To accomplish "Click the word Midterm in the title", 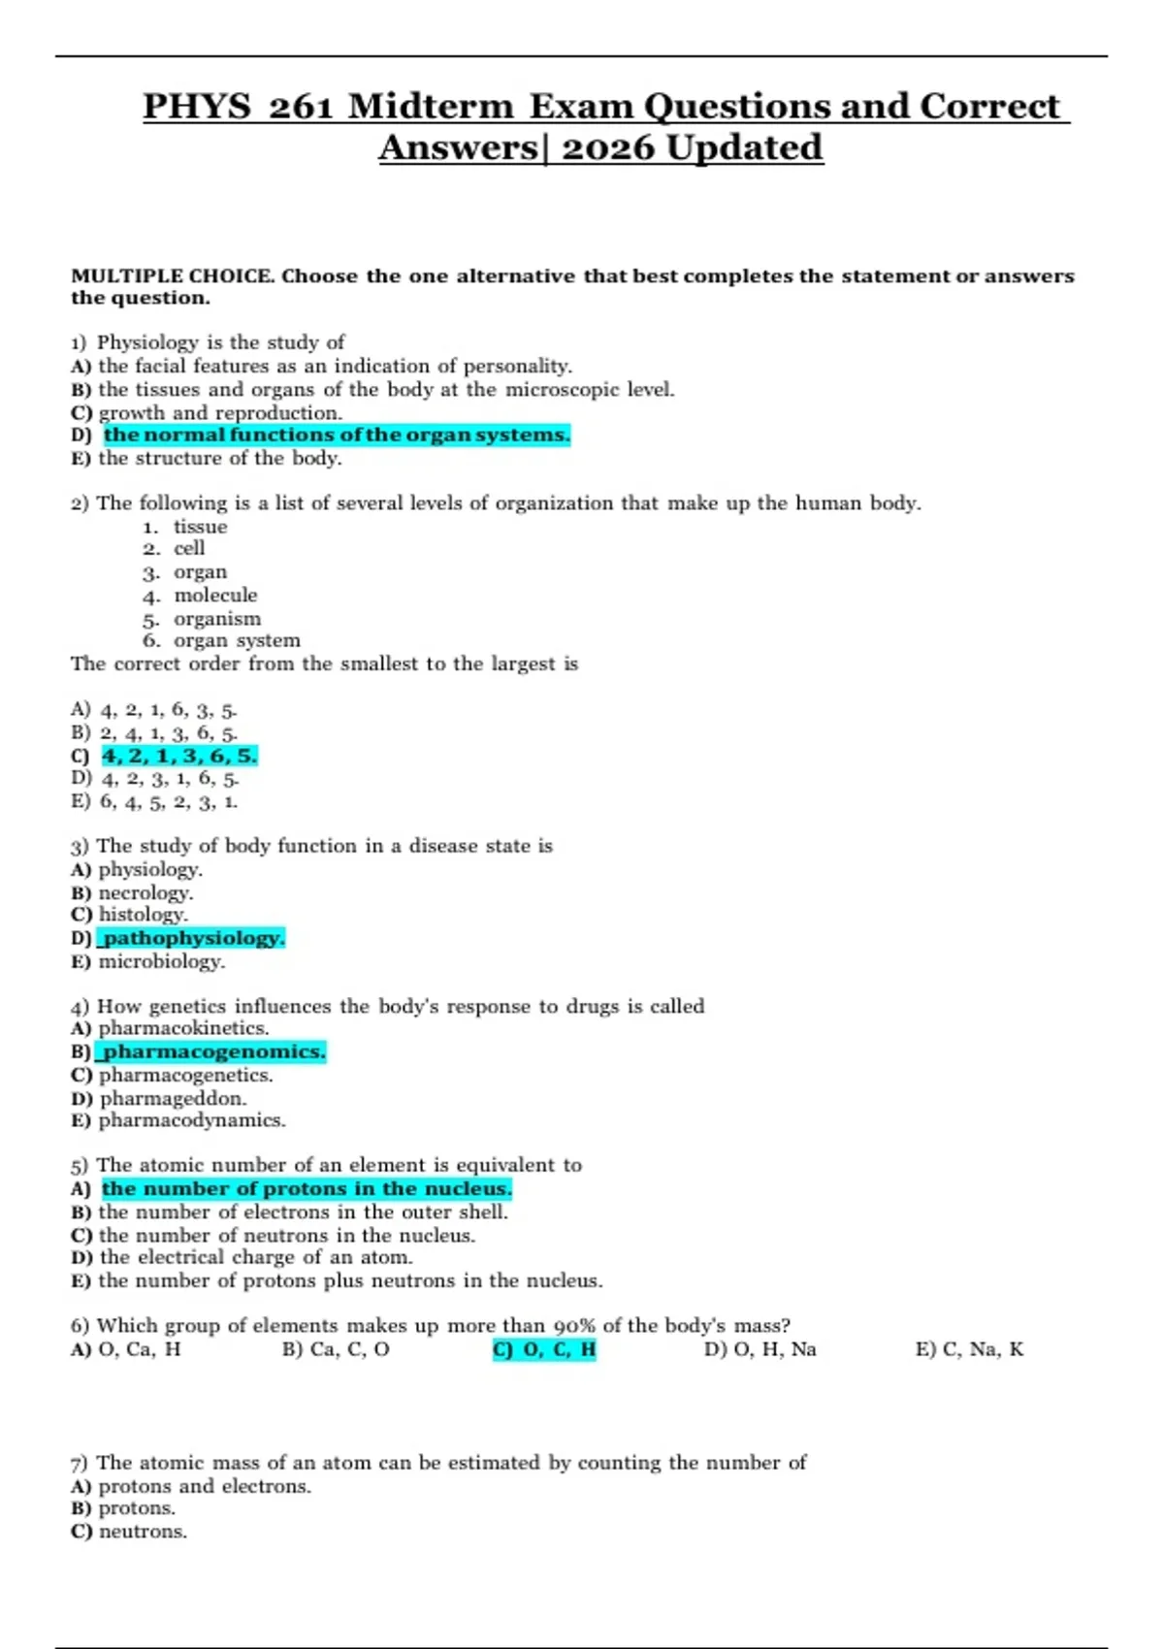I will pyautogui.click(x=431, y=107).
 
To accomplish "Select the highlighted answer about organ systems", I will pyautogui.click(x=337, y=436).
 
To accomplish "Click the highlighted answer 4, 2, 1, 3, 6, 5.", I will pyautogui.click(x=179, y=756).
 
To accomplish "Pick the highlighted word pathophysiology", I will pyautogui.click(x=193, y=938).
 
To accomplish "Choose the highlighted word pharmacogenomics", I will pyautogui.click(x=213, y=1051).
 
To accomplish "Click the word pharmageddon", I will pyautogui.click(x=173, y=1098).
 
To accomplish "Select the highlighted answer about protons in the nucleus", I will pyautogui.click(x=307, y=1189).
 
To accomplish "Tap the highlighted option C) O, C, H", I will pyautogui.click(x=544, y=1349).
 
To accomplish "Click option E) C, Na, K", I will pyautogui.click(x=969, y=1349).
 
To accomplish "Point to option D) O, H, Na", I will pyautogui.click(x=760, y=1349).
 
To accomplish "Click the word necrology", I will pyautogui.click(x=145, y=892).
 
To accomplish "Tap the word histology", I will pyautogui.click(x=143, y=915).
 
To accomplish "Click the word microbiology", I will pyautogui.click(x=161, y=961).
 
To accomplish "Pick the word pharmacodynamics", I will pyautogui.click(x=192, y=1120).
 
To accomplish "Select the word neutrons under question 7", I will pyautogui.click(x=143, y=1532).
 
